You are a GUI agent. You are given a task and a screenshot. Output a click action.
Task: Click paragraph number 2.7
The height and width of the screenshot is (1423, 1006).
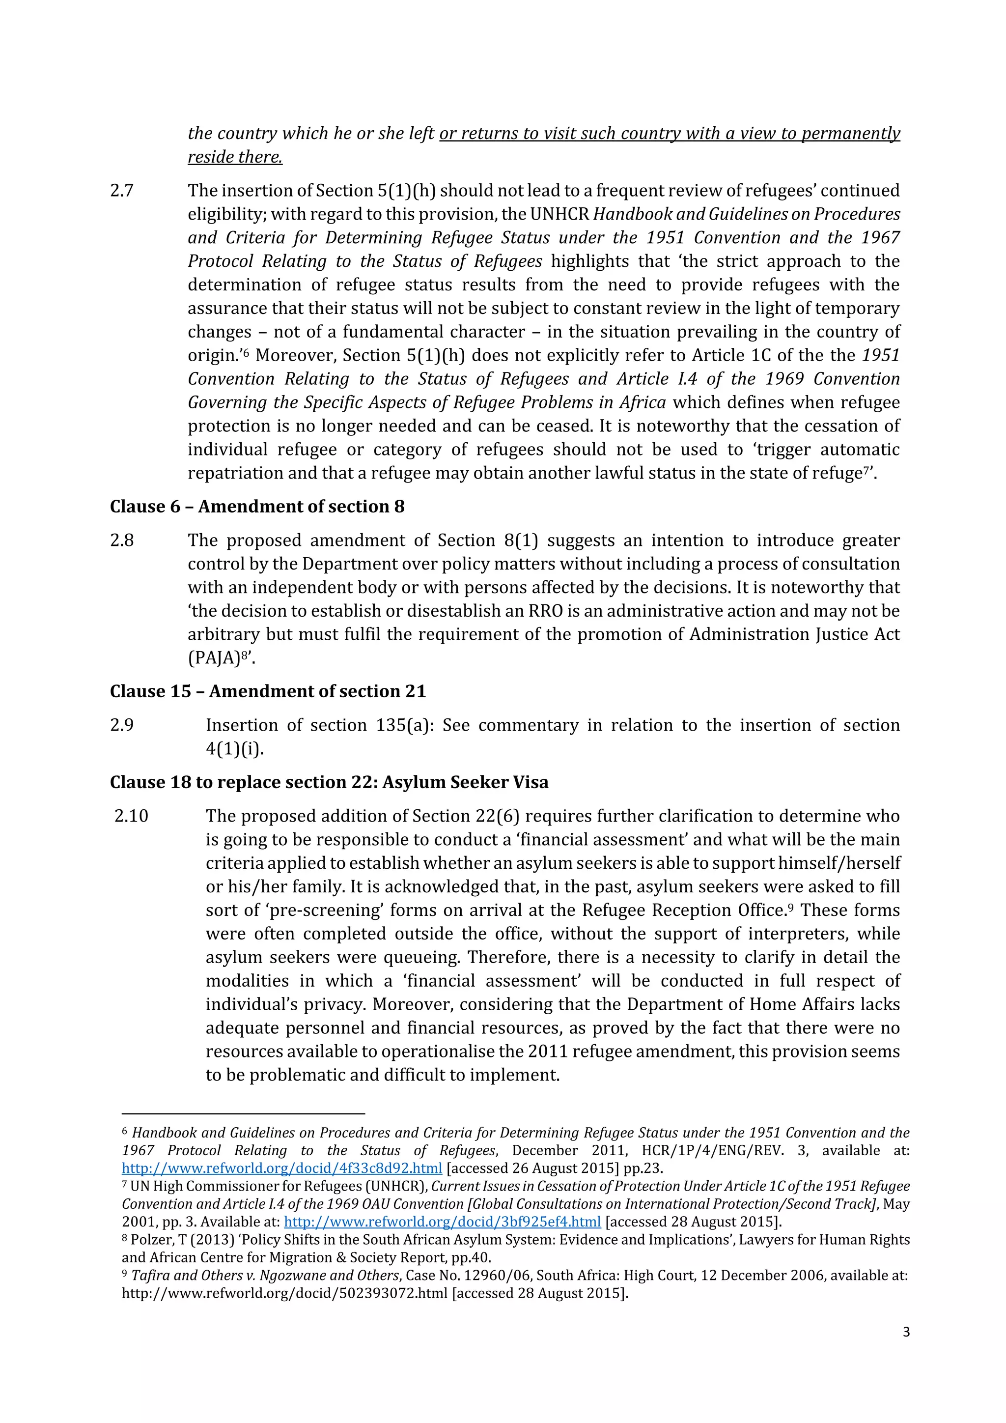[122, 190]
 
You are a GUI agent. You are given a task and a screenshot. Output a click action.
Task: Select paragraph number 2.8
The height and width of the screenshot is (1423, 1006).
[122, 540]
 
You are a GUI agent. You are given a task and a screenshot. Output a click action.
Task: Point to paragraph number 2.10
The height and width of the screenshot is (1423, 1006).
[131, 816]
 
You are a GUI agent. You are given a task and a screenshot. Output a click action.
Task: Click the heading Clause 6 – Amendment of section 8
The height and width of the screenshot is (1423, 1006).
[257, 507]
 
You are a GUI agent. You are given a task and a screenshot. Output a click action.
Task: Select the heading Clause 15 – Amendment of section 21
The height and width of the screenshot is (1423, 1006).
[268, 691]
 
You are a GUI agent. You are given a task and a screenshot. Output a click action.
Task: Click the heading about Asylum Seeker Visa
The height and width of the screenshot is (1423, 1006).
[329, 782]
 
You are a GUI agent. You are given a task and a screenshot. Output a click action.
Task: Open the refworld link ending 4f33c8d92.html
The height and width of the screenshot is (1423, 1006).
[282, 1168]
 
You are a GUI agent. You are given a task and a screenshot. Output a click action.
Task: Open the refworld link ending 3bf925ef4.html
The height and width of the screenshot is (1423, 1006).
[442, 1222]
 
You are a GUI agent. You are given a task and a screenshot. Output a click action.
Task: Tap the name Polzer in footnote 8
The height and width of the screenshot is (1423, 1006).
[152, 1240]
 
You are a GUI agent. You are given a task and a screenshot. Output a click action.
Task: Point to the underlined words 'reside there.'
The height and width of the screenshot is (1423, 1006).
[235, 157]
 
